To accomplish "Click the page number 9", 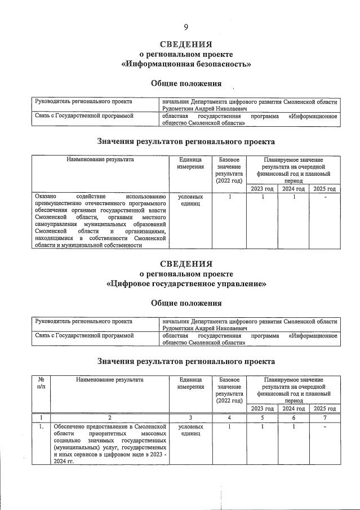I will (186, 26).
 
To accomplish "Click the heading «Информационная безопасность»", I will (186, 64).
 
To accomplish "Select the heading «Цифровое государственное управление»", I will (186, 283).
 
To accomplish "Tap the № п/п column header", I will (41, 383).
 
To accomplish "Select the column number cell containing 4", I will (229, 418).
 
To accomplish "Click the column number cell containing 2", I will (109, 418).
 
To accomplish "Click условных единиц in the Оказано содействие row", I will (190, 201).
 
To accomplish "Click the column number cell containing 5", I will (261, 418).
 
